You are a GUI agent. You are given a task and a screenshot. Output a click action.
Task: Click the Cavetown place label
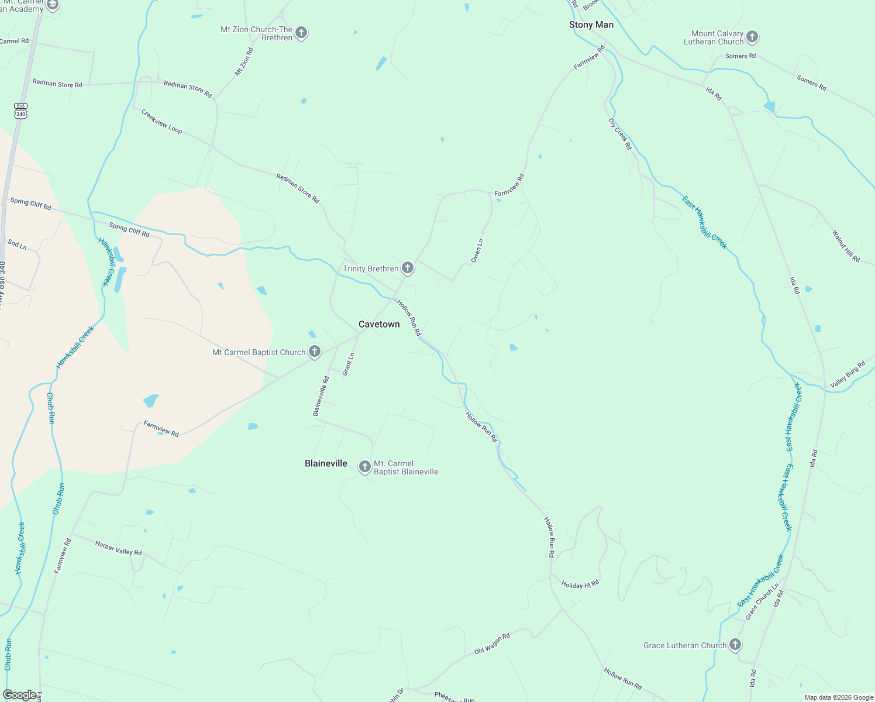(379, 324)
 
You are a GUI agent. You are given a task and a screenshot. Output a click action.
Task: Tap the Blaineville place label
(326, 463)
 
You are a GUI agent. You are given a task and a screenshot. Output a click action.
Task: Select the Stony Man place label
(591, 25)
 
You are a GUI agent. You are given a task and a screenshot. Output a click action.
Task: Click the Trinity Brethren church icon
(408, 268)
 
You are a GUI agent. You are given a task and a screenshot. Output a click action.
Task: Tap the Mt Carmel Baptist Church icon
(315, 352)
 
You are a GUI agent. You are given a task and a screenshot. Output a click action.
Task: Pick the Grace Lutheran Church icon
(735, 645)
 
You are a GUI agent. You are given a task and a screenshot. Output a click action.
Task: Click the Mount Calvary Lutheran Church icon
(752, 37)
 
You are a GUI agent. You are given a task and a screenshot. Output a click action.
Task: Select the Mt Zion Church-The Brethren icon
(301, 33)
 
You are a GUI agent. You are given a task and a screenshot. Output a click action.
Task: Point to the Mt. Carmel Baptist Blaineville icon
(365, 467)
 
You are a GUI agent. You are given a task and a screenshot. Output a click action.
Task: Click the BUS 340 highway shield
(21, 111)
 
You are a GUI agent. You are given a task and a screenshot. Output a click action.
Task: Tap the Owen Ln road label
(477, 250)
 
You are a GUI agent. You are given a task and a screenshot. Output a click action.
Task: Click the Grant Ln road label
(349, 364)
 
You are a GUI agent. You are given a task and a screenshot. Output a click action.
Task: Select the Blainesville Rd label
(321, 396)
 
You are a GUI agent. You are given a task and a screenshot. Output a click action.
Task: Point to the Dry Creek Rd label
(621, 134)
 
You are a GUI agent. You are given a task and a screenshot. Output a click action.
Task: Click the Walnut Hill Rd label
(846, 246)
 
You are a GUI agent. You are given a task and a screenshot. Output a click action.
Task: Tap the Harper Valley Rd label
(118, 548)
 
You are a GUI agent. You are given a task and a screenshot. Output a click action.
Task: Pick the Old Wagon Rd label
(492, 643)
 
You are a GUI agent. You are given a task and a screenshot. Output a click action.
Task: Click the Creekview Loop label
(161, 121)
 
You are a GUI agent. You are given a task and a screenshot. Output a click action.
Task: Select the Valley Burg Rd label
(848, 375)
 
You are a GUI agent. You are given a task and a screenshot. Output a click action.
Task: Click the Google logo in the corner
(19, 695)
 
